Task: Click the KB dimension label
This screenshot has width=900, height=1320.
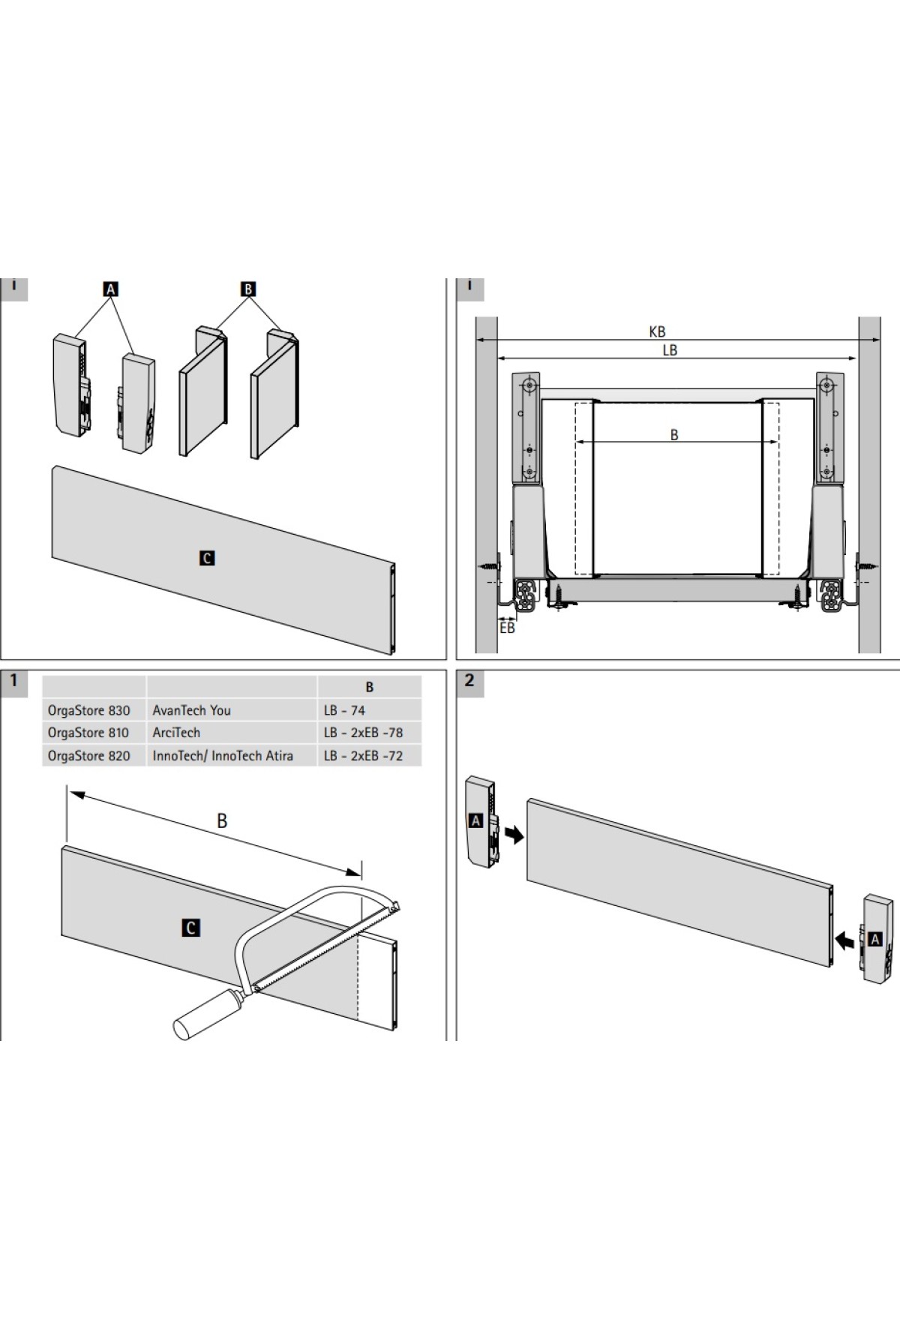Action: [657, 331]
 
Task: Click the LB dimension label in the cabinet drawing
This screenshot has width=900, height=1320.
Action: [670, 350]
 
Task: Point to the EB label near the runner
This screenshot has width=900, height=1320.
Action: [507, 628]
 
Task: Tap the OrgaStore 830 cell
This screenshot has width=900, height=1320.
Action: [89, 710]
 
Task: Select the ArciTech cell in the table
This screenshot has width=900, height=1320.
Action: [176, 733]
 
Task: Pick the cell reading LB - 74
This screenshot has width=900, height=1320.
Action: [344, 710]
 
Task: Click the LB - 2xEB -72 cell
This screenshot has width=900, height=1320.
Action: [363, 756]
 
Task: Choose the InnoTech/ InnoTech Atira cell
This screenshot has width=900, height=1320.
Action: [223, 756]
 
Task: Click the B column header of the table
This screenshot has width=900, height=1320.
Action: [369, 687]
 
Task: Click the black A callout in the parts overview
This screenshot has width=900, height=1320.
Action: [110, 289]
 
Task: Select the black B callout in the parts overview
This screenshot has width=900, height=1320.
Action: [248, 289]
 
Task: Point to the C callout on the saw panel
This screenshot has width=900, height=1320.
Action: [191, 928]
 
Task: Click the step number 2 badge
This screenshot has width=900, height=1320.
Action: [469, 681]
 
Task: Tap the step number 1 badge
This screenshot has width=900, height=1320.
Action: [13, 681]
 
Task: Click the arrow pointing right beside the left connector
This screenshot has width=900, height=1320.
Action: [514, 834]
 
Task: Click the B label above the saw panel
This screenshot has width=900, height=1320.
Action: [222, 821]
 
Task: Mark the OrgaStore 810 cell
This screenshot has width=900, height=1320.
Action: [88, 733]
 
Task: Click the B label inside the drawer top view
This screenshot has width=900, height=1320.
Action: [674, 435]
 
